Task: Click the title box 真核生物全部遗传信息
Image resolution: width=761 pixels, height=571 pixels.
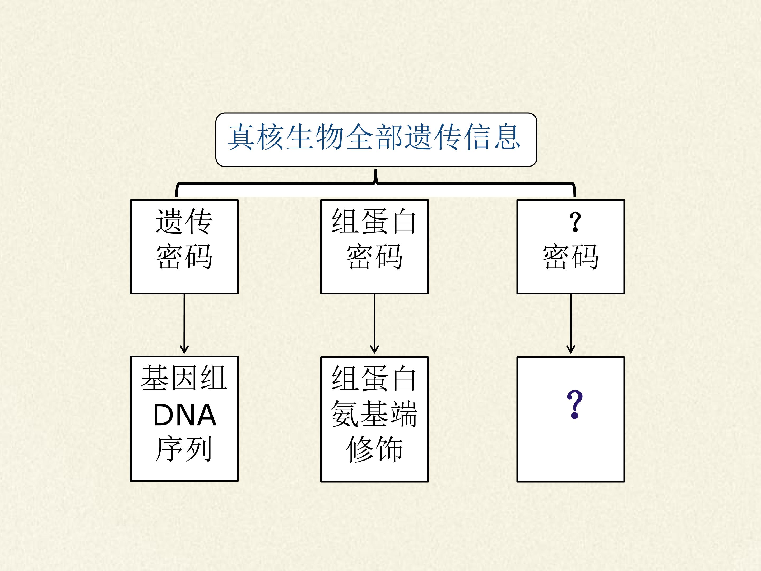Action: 376,140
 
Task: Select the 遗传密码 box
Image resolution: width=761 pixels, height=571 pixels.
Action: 184,247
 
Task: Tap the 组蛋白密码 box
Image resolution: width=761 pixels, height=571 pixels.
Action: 374,247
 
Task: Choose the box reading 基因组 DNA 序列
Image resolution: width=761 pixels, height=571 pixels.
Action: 184,418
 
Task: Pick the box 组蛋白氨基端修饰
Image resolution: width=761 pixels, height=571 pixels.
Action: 374,419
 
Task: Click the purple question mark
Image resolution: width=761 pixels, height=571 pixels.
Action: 574,404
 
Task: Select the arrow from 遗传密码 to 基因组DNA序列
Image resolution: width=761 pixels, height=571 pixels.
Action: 184,324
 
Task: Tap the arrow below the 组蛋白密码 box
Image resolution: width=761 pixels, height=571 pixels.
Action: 374,324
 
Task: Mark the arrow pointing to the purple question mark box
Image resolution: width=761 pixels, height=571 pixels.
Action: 571,324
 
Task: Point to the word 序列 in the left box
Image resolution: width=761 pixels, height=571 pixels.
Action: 183,449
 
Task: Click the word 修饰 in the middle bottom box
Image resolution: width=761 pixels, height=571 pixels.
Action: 374,449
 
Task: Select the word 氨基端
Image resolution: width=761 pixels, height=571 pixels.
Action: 374,414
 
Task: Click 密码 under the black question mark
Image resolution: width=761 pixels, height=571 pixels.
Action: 571,256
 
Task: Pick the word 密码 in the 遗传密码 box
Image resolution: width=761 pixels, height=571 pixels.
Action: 184,256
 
